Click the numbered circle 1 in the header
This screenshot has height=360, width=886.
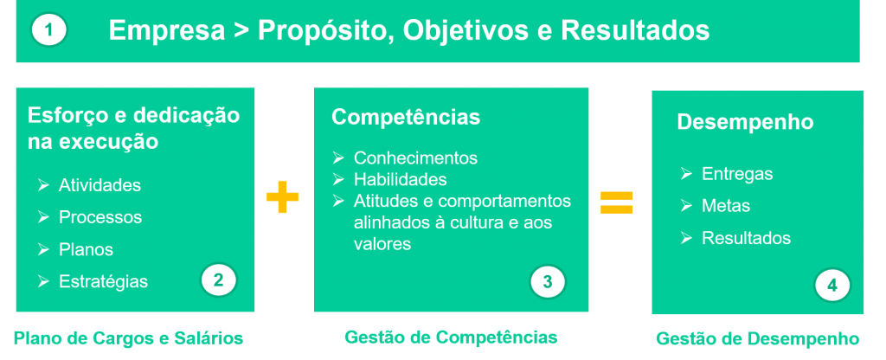point(49,30)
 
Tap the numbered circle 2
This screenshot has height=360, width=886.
point(219,280)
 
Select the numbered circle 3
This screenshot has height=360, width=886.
point(548,281)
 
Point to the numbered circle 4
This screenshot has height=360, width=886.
point(832,286)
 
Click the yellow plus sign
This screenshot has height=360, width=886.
point(282,196)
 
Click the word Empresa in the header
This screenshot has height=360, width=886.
point(167,30)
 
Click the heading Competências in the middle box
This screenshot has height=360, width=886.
point(406,117)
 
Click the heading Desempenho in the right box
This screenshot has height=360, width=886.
point(745,122)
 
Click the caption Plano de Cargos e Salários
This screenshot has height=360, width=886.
point(128,338)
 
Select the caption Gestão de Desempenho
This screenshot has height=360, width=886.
point(758,339)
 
